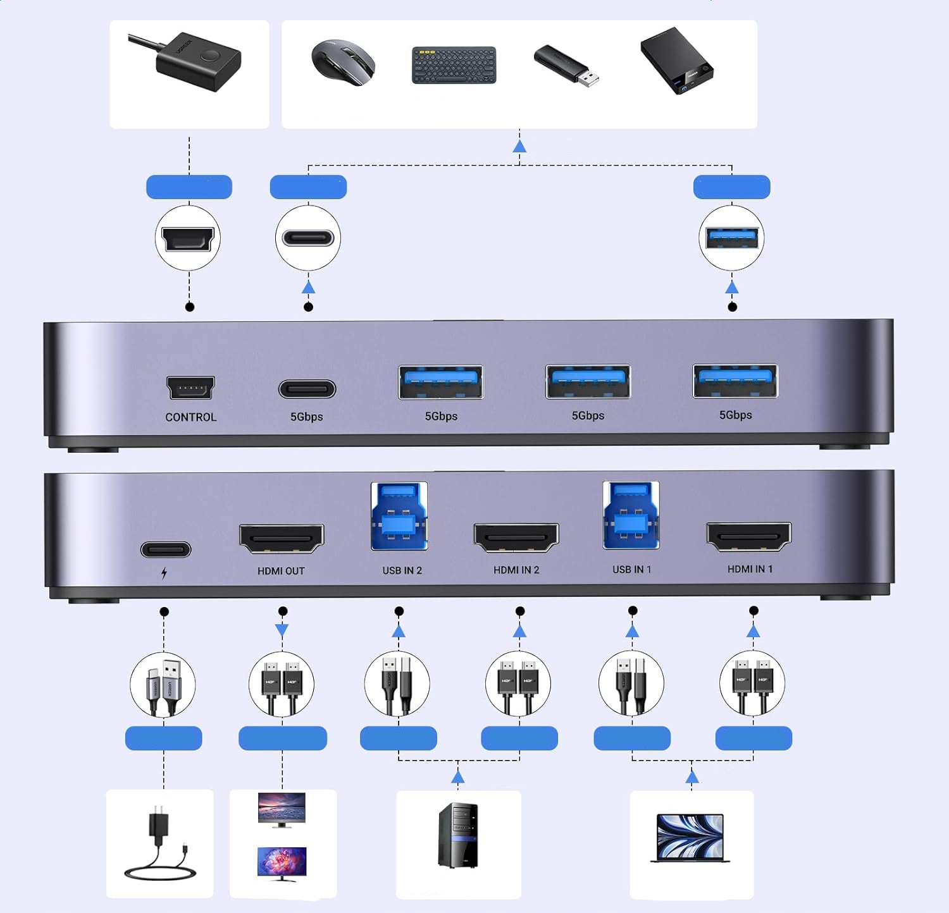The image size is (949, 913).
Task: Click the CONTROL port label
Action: click(x=190, y=417)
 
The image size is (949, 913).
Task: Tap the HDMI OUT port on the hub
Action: click(x=282, y=539)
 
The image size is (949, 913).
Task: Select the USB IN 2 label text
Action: click(x=402, y=570)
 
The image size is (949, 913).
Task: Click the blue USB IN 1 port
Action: click(x=631, y=515)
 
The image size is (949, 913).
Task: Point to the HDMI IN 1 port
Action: click(x=749, y=537)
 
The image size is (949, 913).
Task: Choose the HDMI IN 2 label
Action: click(x=516, y=570)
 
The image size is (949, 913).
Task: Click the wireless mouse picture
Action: click(x=344, y=62)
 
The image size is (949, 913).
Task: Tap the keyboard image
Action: click(x=454, y=64)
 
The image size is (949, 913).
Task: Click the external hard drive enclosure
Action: click(x=676, y=61)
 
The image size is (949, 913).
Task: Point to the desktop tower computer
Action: click(x=458, y=835)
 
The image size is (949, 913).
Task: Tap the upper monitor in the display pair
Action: click(x=282, y=809)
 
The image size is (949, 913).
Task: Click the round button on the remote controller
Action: click(x=208, y=56)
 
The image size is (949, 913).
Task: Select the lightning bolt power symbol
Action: click(x=164, y=573)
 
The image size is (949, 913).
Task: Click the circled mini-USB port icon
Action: click(x=188, y=239)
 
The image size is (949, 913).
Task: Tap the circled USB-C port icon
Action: click(x=308, y=238)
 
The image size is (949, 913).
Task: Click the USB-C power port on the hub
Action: click(x=166, y=549)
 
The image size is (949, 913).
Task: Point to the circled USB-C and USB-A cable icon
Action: click(x=163, y=685)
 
